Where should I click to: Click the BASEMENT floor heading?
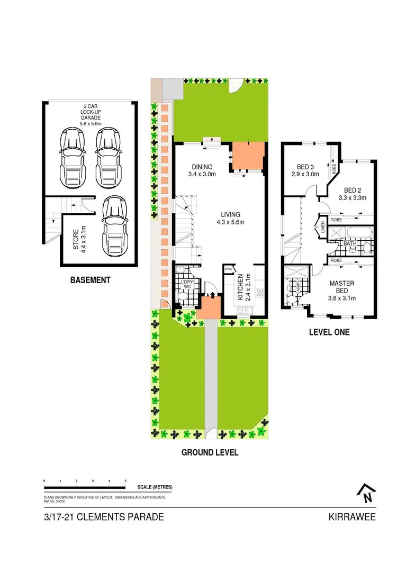(x=91, y=280)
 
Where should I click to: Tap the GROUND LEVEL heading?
(x=210, y=453)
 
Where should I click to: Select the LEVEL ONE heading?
(x=329, y=332)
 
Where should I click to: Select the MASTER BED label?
(x=341, y=287)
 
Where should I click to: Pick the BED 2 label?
(x=353, y=194)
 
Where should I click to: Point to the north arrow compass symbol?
(x=366, y=494)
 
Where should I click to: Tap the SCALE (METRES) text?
(x=155, y=487)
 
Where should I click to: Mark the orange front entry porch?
(x=209, y=307)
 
